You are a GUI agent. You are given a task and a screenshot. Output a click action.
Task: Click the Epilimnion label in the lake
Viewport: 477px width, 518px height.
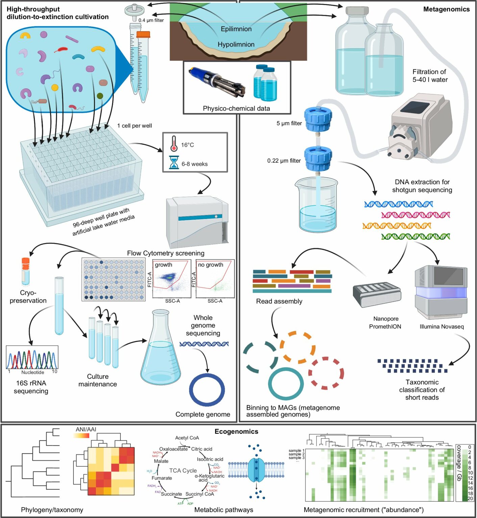tap(236, 29)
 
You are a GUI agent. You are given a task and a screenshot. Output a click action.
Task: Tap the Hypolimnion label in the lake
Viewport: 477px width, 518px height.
tap(236, 45)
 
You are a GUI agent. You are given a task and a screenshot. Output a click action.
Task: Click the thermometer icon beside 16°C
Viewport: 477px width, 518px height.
tap(174, 144)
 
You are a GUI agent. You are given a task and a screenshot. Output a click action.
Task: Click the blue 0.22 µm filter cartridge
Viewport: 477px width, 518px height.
tap(318, 159)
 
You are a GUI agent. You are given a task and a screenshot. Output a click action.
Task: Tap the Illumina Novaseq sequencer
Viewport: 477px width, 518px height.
tap(441, 292)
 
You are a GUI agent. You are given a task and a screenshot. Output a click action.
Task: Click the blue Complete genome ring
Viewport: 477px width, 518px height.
tap(207, 390)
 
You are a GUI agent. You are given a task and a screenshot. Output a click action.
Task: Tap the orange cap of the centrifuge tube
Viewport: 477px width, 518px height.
tap(143, 34)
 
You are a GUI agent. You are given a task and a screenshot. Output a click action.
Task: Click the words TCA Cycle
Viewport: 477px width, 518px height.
tap(183, 470)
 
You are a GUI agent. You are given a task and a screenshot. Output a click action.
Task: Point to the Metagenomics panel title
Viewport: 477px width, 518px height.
tap(446, 9)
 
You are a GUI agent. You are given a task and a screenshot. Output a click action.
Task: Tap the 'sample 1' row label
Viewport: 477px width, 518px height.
tap(296, 451)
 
